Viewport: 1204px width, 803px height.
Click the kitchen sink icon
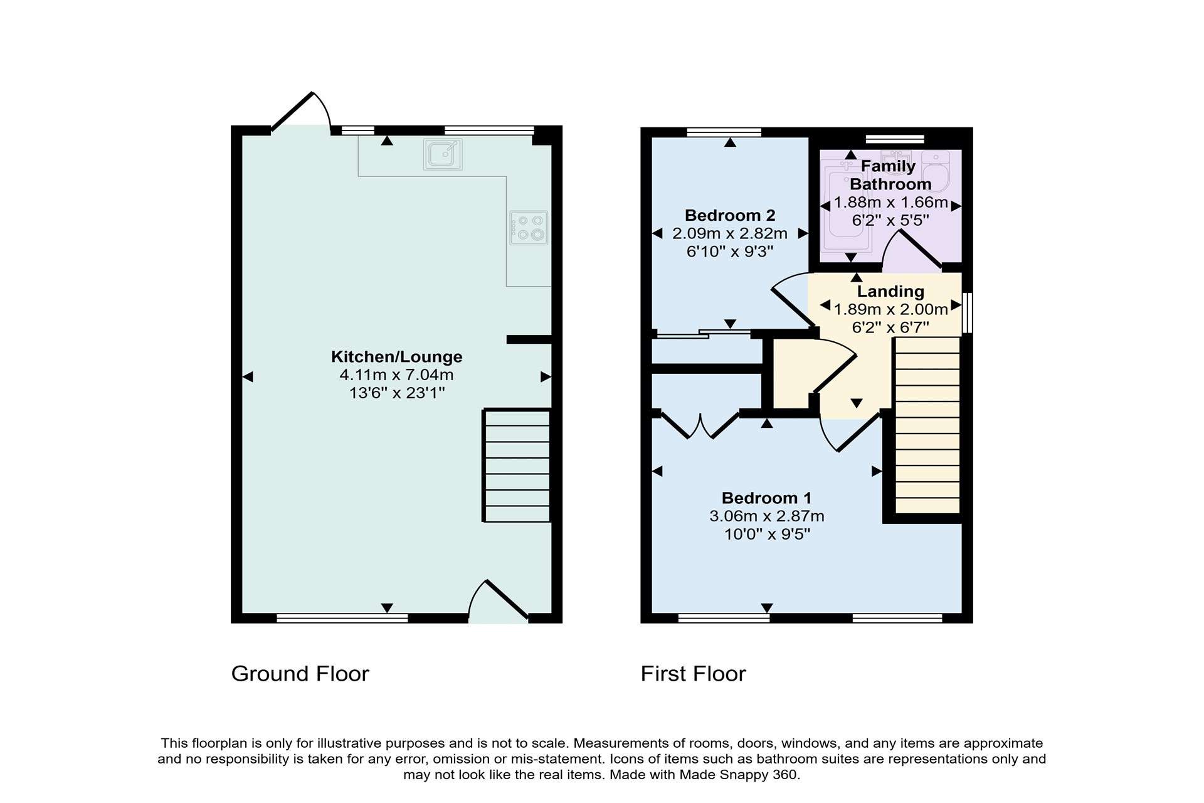[x=443, y=154]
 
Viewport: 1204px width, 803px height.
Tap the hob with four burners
[x=529, y=228]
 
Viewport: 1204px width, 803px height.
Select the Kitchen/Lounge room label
[x=396, y=356]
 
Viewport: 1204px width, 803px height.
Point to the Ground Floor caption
[x=300, y=674]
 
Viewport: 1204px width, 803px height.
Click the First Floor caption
[x=693, y=674]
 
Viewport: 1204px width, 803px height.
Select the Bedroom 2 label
[x=730, y=215]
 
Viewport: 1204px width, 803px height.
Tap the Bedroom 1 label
[x=766, y=498]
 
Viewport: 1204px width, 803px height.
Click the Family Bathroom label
[x=889, y=175]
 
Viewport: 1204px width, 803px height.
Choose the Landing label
[x=890, y=291]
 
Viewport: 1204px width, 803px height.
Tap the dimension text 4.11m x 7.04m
[x=396, y=375]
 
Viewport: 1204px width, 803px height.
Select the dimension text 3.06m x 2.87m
[x=766, y=516]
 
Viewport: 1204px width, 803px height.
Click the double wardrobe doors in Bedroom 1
[x=700, y=424]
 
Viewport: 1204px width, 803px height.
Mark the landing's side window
[x=968, y=312]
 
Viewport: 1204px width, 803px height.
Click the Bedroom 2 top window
[x=724, y=132]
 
